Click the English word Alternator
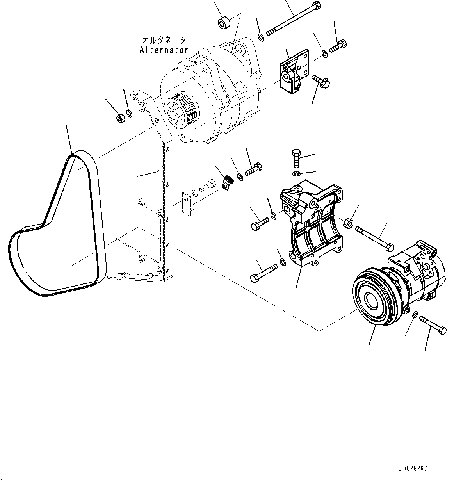(x=164, y=50)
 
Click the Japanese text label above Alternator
(x=164, y=40)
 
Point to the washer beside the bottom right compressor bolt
(x=415, y=314)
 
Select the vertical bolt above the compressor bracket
(x=296, y=158)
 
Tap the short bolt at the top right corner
(x=338, y=46)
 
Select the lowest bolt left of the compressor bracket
(x=264, y=272)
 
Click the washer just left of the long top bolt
(x=261, y=37)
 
